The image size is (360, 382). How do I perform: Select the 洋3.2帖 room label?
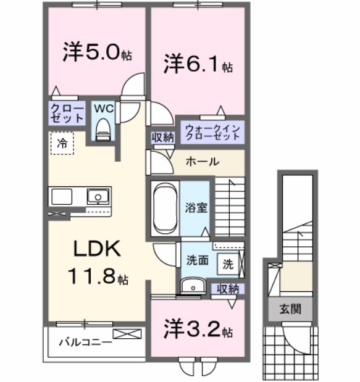click(197, 330)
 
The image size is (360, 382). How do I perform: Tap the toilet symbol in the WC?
click(103, 128)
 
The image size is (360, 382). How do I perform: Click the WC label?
click(103, 108)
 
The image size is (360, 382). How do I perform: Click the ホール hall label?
click(202, 162)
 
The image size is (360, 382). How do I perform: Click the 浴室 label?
click(197, 207)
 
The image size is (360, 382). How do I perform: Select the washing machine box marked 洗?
click(228, 264)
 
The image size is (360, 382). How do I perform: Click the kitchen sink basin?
click(97, 197)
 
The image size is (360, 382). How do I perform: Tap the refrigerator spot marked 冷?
click(62, 143)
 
